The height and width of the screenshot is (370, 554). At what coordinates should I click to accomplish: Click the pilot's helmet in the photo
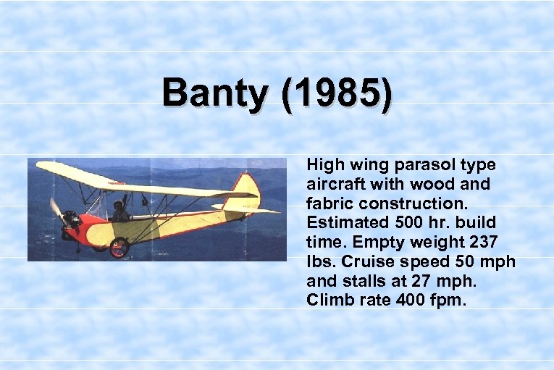[118, 206]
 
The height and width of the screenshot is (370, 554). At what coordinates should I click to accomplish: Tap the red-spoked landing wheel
[119, 247]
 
